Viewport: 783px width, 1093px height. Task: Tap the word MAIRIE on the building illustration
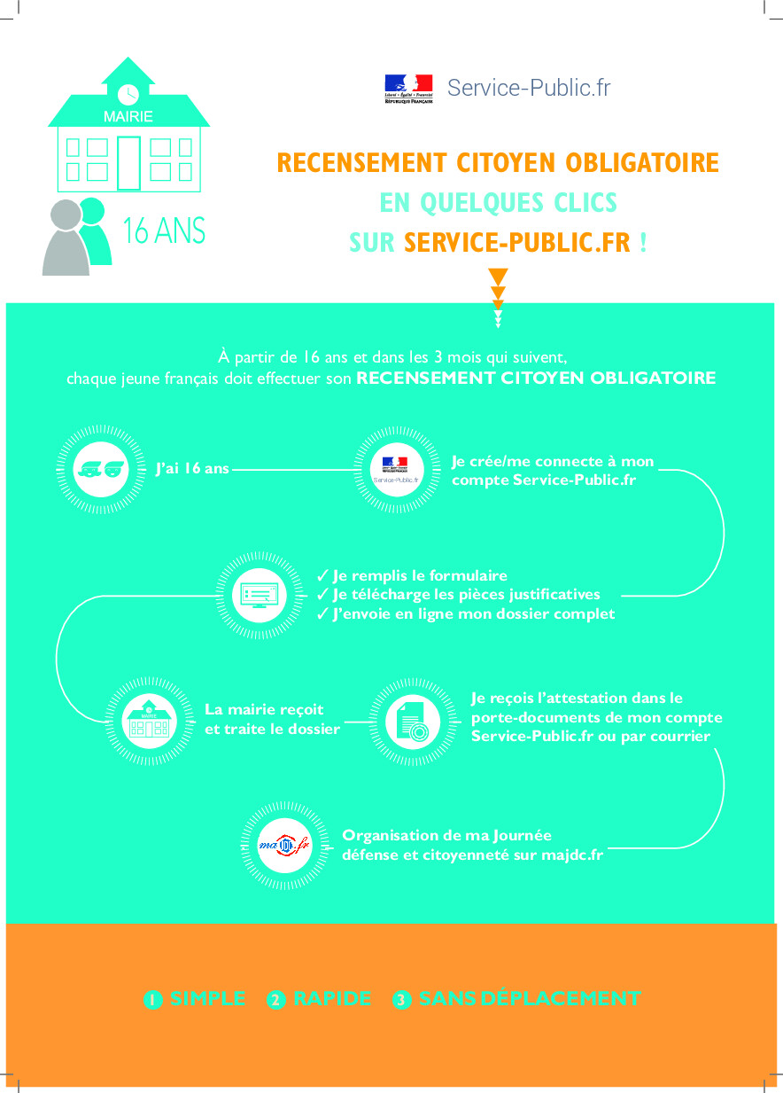[128, 117]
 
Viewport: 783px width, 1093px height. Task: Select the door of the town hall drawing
[129, 163]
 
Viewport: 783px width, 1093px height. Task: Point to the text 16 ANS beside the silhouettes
[164, 231]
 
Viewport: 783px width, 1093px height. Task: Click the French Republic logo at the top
[408, 90]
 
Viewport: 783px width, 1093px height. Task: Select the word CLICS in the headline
[580, 203]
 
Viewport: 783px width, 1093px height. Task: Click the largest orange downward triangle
[498, 276]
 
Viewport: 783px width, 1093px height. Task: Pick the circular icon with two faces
[92, 468]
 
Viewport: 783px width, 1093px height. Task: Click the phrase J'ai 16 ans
[192, 468]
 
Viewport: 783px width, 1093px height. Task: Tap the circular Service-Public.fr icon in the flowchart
[395, 468]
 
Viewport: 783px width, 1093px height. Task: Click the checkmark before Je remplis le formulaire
[322, 576]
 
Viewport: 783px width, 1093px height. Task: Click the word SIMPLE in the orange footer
[208, 998]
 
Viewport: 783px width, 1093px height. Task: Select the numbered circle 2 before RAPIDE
[276, 1000]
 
